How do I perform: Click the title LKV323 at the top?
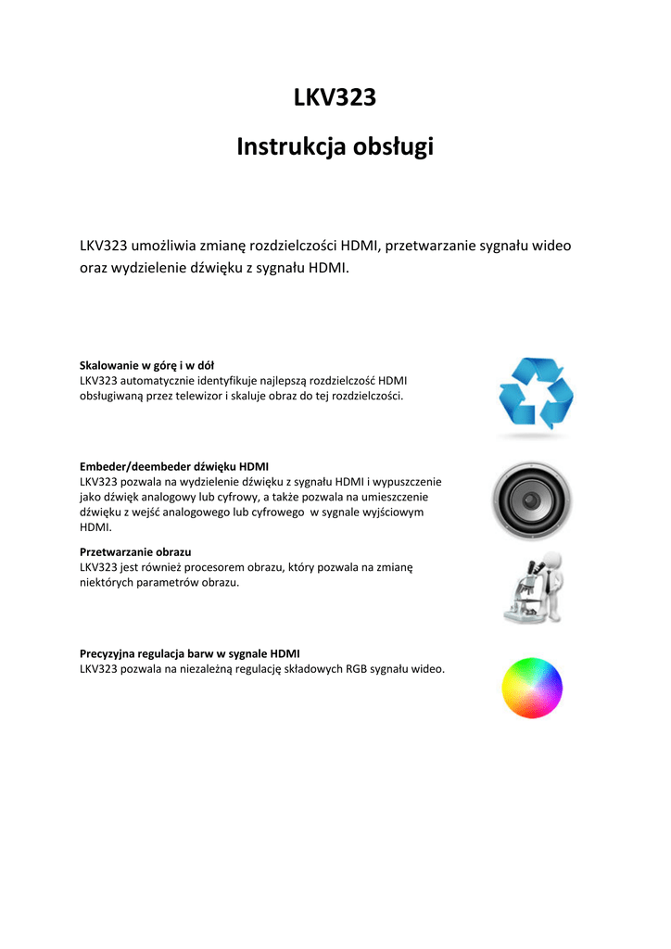click(x=335, y=97)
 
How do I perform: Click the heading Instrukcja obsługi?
click(x=335, y=146)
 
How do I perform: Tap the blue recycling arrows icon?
click(x=536, y=394)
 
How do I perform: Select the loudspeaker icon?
click(x=531, y=501)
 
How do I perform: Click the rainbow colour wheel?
click(x=532, y=688)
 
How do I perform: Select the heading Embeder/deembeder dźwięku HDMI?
click(x=174, y=466)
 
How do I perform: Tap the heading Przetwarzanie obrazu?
click(x=135, y=551)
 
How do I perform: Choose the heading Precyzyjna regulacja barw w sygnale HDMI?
click(x=190, y=653)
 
